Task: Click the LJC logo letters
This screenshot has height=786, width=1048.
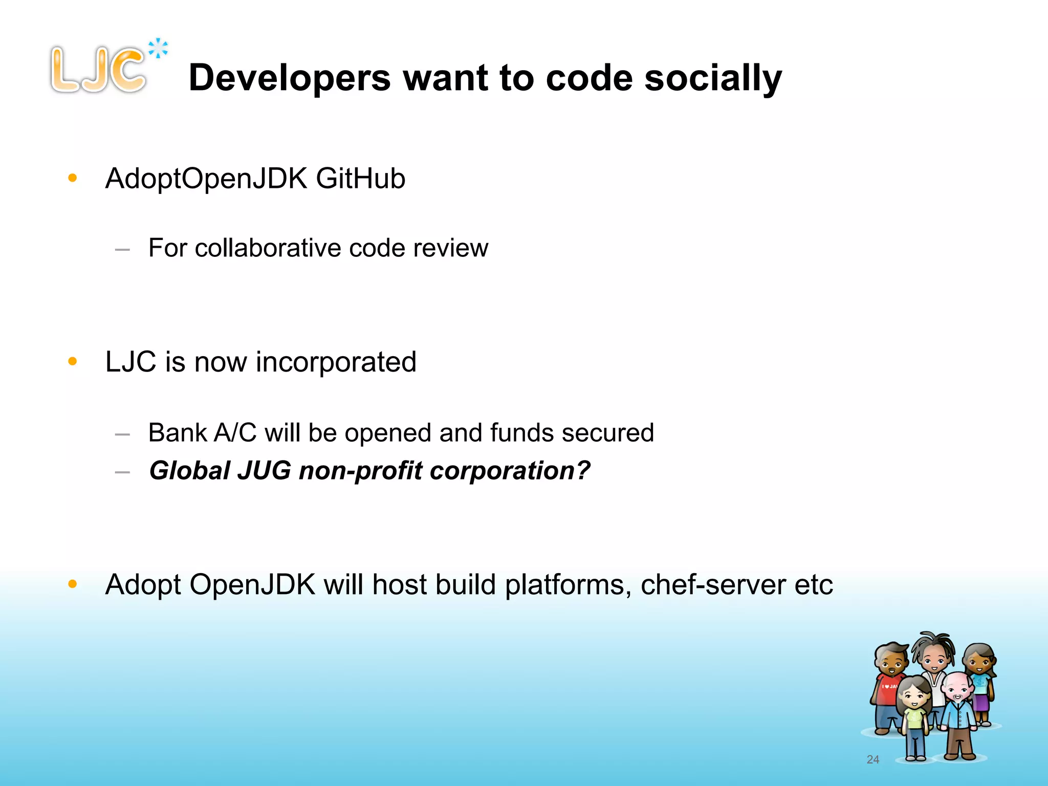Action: [97, 70]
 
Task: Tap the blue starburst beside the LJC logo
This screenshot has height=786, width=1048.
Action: [158, 49]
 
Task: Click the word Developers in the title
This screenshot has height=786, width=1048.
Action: [290, 78]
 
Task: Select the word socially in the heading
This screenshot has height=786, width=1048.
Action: [713, 79]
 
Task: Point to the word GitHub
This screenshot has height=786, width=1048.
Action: [360, 179]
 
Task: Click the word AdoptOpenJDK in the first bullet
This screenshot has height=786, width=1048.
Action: [206, 179]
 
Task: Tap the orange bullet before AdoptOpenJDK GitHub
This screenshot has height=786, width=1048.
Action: [73, 178]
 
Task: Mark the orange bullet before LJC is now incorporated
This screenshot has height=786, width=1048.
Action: [73, 361]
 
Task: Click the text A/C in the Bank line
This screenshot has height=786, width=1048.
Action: [235, 433]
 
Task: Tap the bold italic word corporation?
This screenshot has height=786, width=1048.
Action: [510, 471]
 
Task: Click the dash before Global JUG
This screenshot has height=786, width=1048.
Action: [122, 472]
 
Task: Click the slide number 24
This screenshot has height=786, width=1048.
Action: [872, 760]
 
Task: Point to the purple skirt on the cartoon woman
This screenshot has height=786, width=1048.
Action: [981, 702]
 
